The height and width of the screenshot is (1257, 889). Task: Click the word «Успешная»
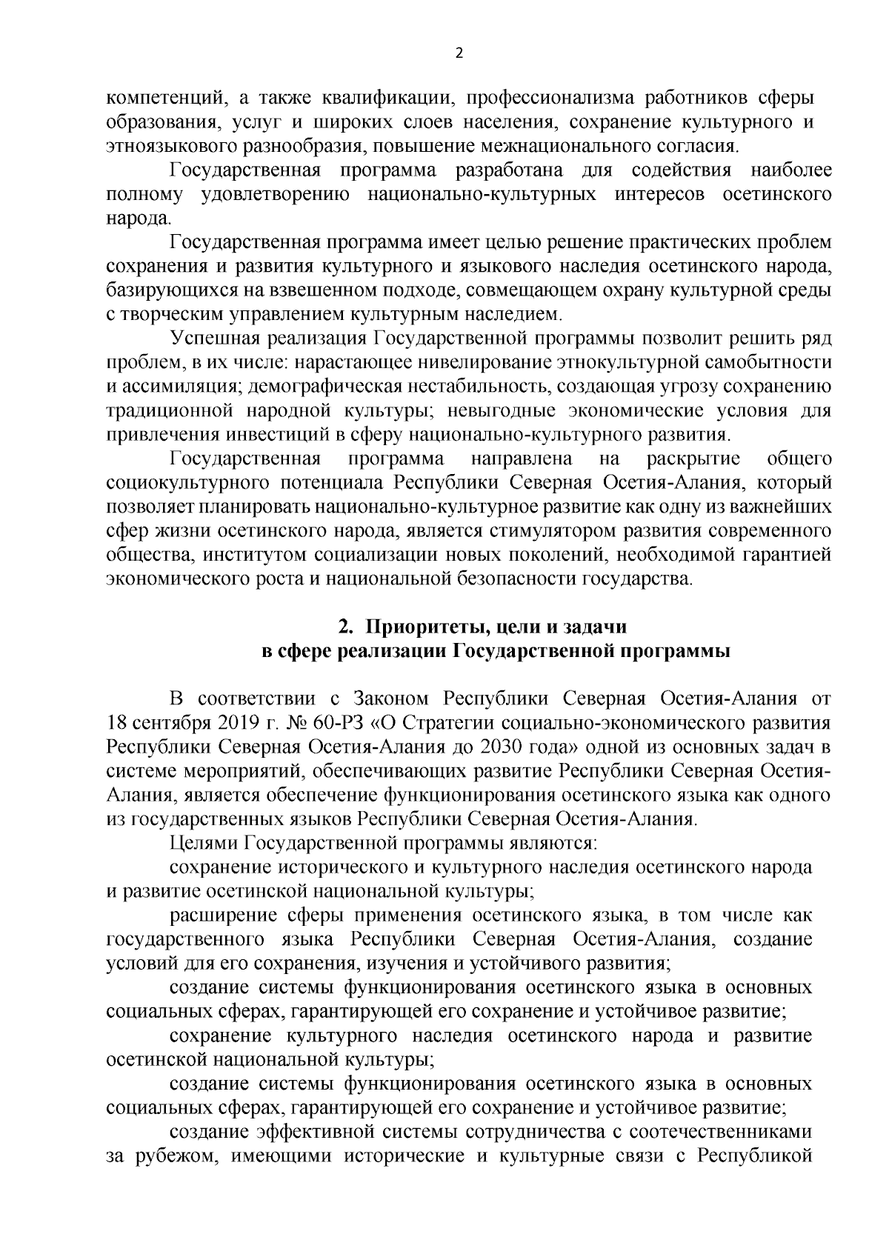click(215, 339)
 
